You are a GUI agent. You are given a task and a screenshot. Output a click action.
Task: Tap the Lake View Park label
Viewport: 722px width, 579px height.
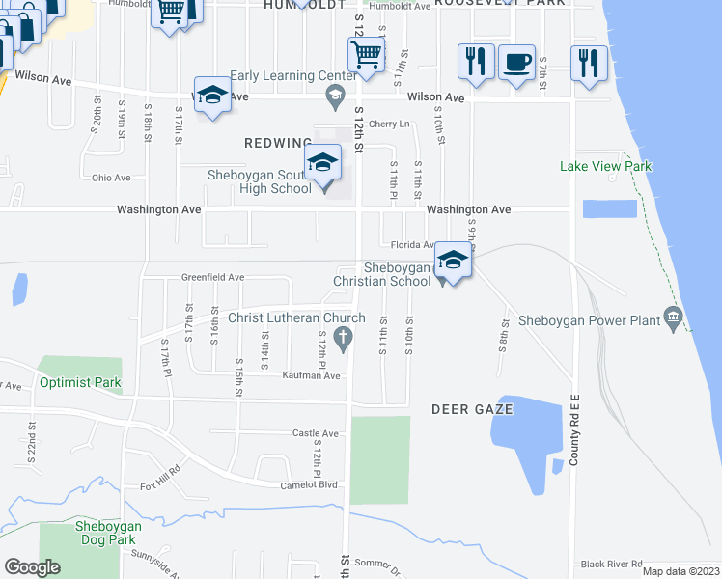coord(605,167)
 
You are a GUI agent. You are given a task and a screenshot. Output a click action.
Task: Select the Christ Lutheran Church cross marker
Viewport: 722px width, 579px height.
coord(340,337)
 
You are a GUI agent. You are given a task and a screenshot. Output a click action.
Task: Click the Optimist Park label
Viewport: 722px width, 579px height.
coord(81,383)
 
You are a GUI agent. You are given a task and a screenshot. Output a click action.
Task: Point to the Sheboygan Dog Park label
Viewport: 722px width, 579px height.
coord(108,533)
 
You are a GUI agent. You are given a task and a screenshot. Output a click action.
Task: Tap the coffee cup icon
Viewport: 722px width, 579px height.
coord(517,63)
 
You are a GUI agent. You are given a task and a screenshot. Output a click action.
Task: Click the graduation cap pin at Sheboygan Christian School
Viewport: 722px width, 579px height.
coord(453,262)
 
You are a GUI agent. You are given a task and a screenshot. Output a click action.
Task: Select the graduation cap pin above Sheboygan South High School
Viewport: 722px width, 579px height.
coord(322,162)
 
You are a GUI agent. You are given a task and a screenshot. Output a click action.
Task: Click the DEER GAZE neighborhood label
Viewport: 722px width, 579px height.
coord(472,410)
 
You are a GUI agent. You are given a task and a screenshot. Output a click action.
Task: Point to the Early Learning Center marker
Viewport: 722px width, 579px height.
coord(335,93)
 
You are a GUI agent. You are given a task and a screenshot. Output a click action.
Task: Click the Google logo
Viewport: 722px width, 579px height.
coord(32,567)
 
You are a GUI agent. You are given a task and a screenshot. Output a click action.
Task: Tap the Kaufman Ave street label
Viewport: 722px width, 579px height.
coord(312,375)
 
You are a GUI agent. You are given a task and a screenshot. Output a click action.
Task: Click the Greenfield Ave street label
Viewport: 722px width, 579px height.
coord(212,277)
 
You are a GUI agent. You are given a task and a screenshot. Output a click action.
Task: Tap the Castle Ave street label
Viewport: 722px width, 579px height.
coord(316,434)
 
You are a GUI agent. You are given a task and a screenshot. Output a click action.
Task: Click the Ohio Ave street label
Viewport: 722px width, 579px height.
coord(111,178)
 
